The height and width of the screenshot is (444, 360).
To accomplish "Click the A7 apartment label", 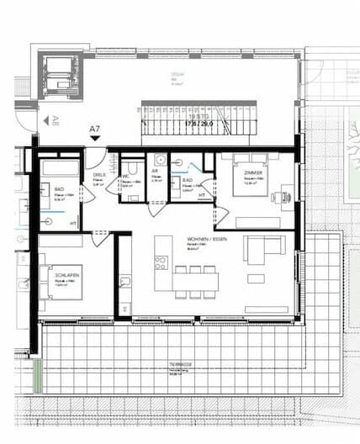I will tap(95, 129).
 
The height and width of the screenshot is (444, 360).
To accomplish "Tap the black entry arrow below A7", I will tap(95, 139).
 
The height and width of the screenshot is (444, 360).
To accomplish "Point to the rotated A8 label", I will tap(56, 120).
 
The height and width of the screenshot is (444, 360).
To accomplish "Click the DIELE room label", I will tap(98, 175).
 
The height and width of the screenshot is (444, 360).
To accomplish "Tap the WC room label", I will tap(125, 177).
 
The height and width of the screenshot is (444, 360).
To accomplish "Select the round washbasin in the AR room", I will tap(159, 158).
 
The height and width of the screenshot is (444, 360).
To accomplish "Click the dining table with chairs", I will tap(196, 282).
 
